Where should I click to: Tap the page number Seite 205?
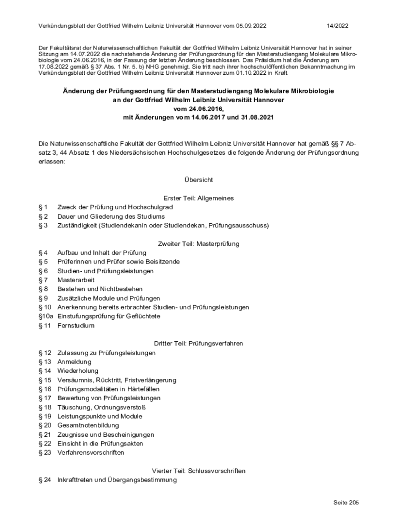click(345, 502)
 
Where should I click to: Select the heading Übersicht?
click(198, 180)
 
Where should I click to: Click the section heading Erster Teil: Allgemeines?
click(198, 198)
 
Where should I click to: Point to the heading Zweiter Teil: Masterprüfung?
click(198, 244)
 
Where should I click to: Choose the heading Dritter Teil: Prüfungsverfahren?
click(198, 343)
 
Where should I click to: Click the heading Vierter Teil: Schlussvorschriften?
click(198, 471)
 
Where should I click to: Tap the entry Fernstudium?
click(76, 325)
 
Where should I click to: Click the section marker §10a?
click(46, 316)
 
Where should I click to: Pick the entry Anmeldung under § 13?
click(74, 362)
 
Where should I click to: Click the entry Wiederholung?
click(78, 371)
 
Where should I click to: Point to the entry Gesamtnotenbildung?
click(88, 425)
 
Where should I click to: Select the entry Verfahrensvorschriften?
click(91, 453)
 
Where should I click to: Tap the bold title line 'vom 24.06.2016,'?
click(198, 109)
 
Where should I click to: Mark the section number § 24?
click(45, 480)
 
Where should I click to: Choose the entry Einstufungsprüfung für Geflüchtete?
click(109, 316)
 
